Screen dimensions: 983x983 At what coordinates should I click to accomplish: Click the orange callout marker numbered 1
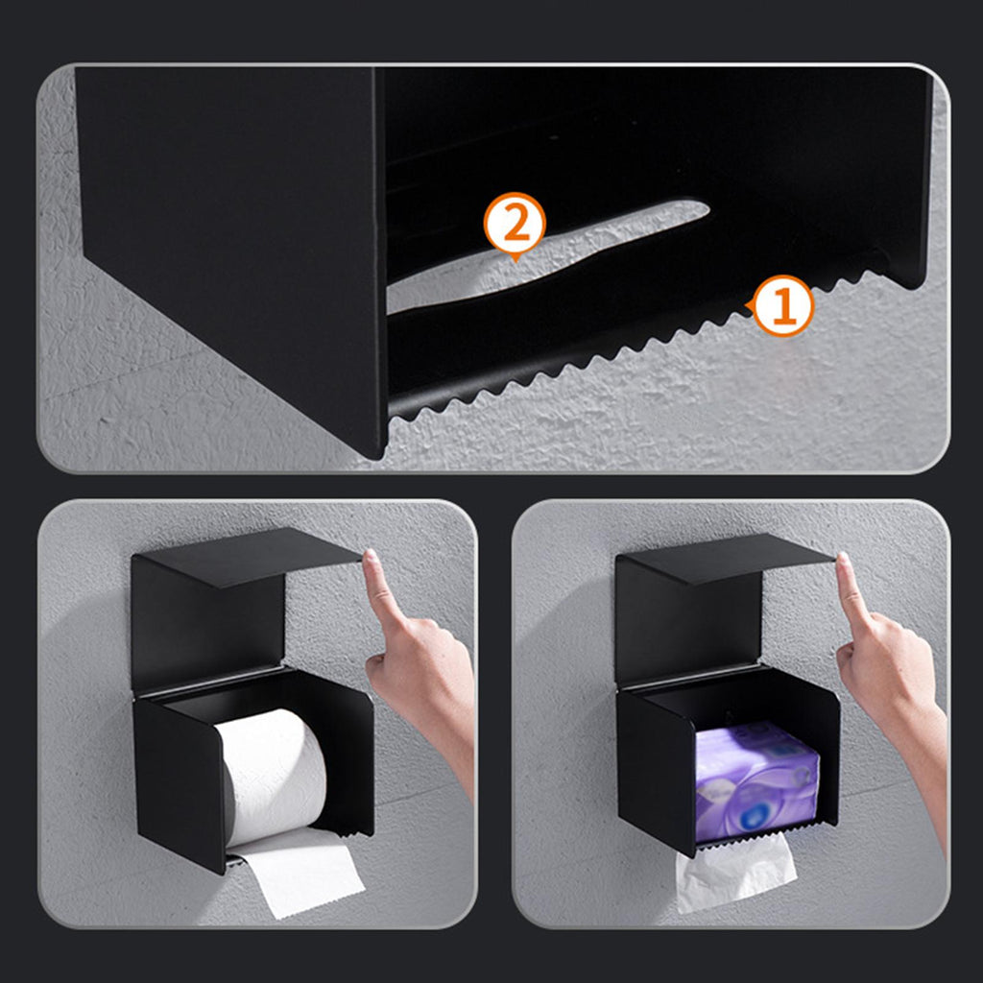point(783,306)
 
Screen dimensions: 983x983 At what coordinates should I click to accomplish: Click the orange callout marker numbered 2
point(515,223)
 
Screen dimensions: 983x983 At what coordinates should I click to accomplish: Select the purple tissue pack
point(756,781)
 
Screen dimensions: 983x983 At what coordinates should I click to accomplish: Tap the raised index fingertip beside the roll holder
point(372,557)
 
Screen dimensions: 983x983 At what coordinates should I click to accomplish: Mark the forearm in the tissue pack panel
point(923,771)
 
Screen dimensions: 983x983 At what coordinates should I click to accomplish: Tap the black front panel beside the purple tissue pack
point(657,771)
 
